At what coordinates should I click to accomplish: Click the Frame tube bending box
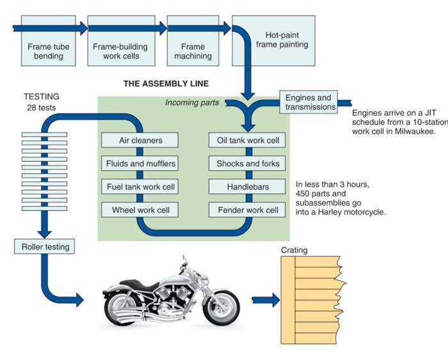[x=49, y=51]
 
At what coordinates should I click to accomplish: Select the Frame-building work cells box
[x=120, y=51]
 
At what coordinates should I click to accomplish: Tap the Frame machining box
[x=193, y=51]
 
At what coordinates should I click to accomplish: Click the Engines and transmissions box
[x=308, y=102]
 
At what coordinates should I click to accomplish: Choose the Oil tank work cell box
[x=247, y=140]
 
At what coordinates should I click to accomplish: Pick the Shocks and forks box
[x=247, y=164]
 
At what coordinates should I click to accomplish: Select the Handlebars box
[x=247, y=187]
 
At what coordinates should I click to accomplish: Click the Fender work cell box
[x=247, y=210]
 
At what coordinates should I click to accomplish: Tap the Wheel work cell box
[x=140, y=210]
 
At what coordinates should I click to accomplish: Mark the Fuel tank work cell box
[x=140, y=187]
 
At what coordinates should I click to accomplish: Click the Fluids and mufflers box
[x=140, y=164]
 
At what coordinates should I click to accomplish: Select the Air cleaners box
[x=140, y=140]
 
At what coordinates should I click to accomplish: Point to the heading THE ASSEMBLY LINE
[x=166, y=84]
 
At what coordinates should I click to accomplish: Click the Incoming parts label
[x=191, y=102]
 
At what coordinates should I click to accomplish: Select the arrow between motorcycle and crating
[x=266, y=299]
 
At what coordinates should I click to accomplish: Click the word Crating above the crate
[x=294, y=250]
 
